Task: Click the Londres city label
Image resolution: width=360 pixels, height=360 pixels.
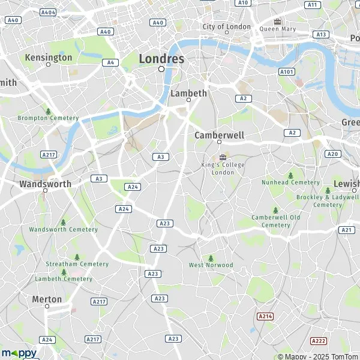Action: click(x=161, y=59)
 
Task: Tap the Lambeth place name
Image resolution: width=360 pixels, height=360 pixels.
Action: click(x=188, y=93)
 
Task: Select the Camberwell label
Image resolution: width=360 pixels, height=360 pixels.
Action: click(x=219, y=136)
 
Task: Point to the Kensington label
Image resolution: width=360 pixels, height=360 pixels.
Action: click(x=49, y=58)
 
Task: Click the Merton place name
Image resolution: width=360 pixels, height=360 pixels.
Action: click(x=47, y=299)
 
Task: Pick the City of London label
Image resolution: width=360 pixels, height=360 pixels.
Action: click(x=226, y=27)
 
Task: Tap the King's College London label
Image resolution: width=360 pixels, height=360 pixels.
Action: click(x=223, y=168)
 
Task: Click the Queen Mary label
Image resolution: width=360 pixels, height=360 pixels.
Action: click(x=278, y=28)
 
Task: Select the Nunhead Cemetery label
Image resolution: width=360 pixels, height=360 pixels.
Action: click(x=290, y=182)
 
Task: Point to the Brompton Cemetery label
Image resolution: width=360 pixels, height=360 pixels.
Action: click(x=48, y=118)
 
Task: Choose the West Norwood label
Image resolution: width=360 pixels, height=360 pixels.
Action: click(x=211, y=265)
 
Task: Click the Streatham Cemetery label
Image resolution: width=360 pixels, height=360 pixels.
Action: click(x=77, y=264)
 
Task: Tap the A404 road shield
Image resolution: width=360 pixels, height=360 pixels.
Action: click(x=47, y=12)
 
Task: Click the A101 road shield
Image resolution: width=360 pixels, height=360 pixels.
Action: click(x=287, y=71)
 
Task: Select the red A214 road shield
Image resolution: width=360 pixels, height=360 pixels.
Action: click(x=265, y=316)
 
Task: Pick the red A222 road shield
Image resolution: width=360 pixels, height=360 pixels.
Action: click(x=318, y=340)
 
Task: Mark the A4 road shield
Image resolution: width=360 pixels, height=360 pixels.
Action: click(x=110, y=62)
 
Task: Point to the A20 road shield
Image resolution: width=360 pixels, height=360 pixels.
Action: click(x=332, y=154)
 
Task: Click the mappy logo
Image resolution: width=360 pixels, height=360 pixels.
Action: click(x=19, y=353)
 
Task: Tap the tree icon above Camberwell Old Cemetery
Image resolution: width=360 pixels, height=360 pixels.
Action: click(x=276, y=210)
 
